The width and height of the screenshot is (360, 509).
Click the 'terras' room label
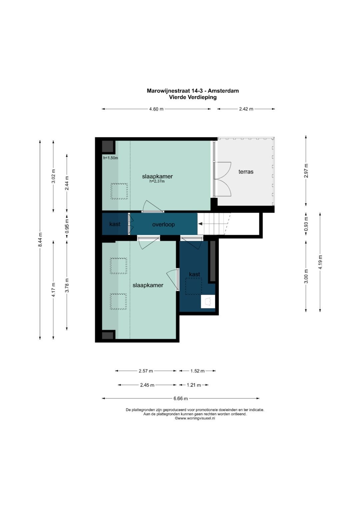point(246,172)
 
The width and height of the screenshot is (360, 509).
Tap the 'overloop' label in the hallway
point(163,225)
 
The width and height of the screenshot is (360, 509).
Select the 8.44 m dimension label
point(40,240)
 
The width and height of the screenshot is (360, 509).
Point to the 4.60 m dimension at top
point(156,109)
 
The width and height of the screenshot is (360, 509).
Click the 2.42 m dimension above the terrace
point(246,109)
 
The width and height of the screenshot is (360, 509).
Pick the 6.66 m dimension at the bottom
point(181,398)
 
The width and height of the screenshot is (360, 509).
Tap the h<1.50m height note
point(110,158)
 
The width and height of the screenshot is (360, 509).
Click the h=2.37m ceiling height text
point(157,181)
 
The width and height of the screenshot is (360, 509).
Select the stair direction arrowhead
point(200,224)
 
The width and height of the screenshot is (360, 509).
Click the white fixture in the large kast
point(208,302)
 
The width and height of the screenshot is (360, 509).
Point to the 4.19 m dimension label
point(320,262)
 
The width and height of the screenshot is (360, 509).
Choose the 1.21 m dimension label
point(194,385)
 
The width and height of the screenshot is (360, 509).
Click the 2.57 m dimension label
point(146,371)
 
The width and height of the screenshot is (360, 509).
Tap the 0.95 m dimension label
point(67,226)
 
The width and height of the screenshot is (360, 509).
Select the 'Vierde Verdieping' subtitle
point(193,97)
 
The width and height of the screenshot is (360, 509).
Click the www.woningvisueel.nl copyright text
point(195,418)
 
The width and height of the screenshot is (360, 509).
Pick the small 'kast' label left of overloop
point(115,224)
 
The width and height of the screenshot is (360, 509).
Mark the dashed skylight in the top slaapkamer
point(119,191)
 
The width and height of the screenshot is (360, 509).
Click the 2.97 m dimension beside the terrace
point(306,171)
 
